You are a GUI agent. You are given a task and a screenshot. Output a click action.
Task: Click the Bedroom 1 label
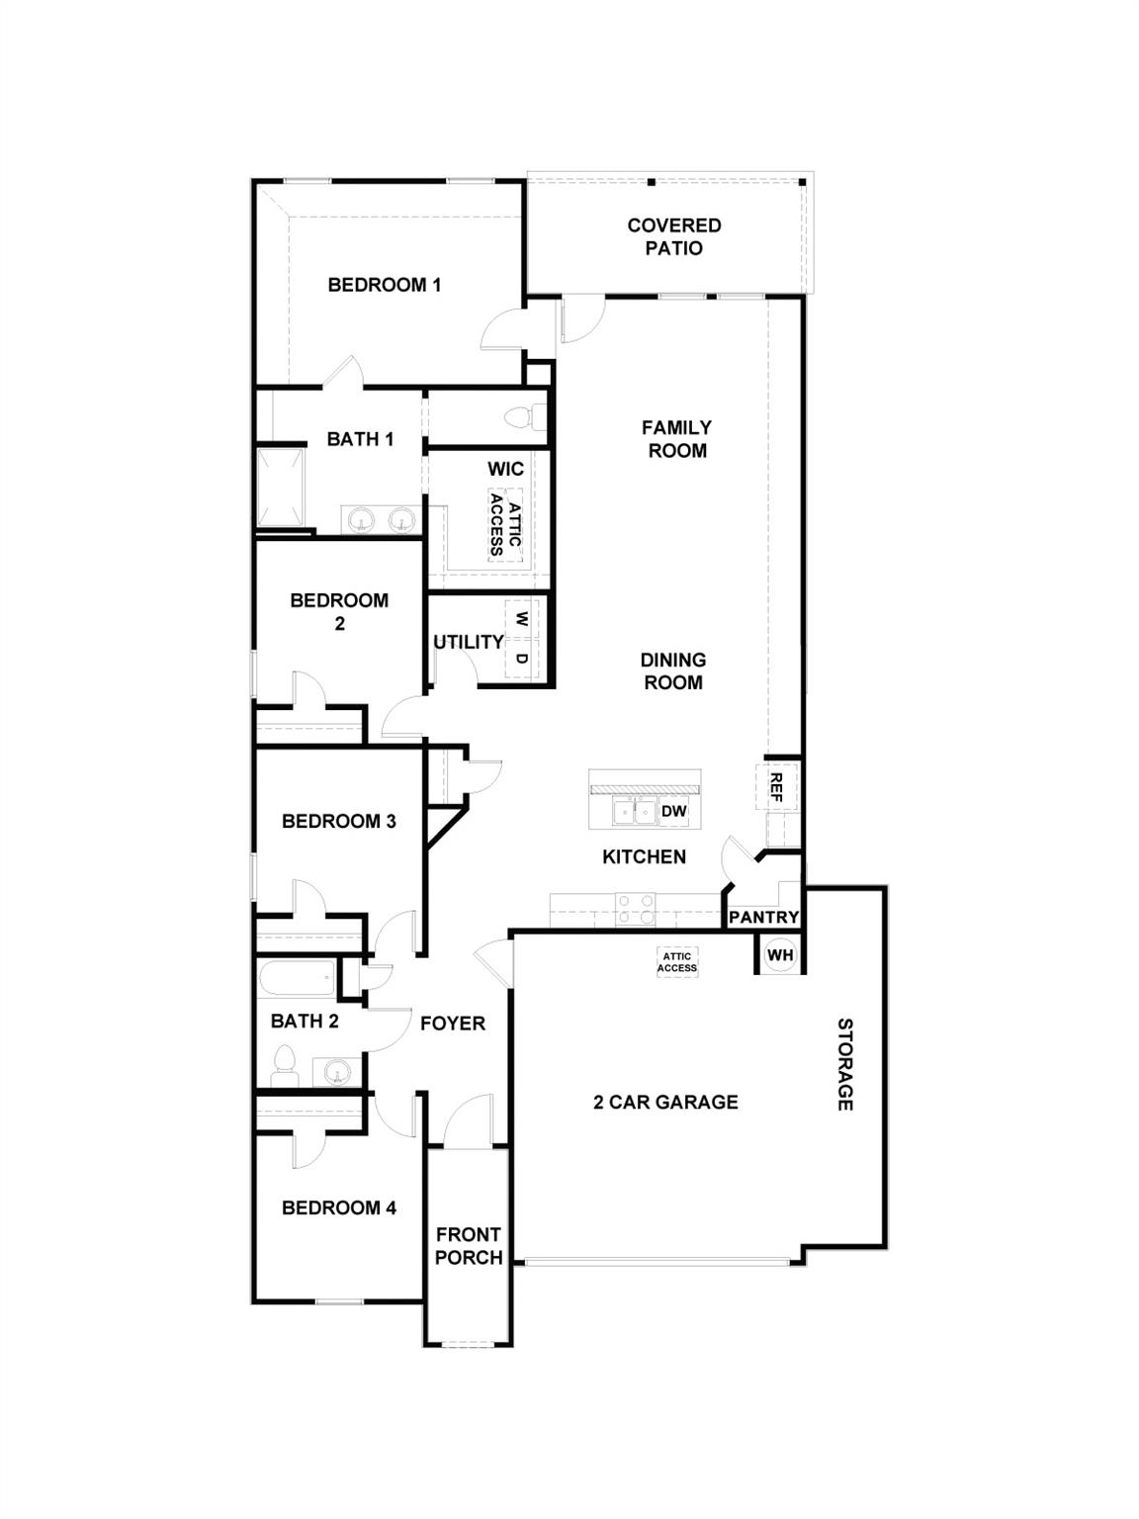pos(384,285)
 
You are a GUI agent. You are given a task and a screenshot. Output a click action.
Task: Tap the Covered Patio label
pos(673,236)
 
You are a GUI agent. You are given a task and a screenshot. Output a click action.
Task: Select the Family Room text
pos(676,439)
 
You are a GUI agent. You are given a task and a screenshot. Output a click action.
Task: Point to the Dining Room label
pos(672,670)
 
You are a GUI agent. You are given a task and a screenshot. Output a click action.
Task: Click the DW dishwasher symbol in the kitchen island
pos(673,812)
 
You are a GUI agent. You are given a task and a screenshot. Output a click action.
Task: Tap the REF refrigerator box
pos(776,787)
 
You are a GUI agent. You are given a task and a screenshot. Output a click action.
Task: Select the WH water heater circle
pos(780,955)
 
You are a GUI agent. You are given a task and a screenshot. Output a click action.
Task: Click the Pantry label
pos(763,918)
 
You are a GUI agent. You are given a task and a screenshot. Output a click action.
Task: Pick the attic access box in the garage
pos(677,962)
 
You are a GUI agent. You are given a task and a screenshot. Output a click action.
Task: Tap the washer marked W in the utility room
pos(522,620)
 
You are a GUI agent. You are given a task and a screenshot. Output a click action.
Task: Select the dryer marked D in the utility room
pos(522,658)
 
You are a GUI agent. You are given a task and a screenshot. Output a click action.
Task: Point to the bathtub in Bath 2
pos(298,980)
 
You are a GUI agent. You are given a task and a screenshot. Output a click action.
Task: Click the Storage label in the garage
pos(844,1064)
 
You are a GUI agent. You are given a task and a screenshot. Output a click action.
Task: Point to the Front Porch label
pos(469,1246)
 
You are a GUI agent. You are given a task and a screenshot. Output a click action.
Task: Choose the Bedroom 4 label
pos(338,1207)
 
